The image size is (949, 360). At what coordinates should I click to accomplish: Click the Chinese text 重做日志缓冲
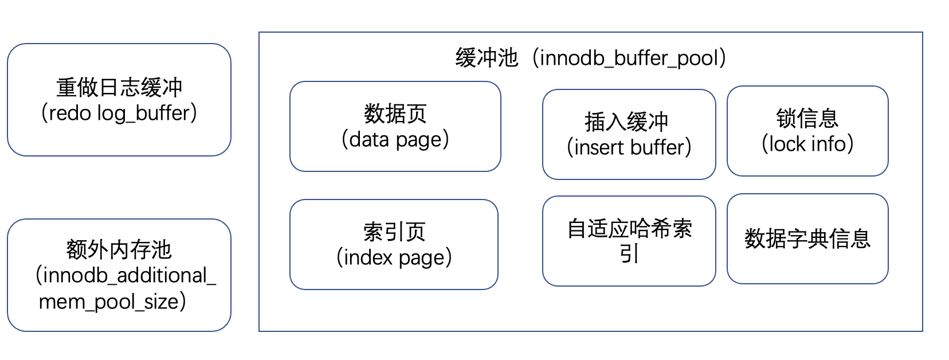pos(119,88)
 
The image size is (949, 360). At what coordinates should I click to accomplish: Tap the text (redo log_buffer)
pos(119,113)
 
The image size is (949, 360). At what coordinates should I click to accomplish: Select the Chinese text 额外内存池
pos(119,250)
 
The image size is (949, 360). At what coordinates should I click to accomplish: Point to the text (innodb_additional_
pos(126,276)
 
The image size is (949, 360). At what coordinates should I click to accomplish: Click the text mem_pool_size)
pos(112,302)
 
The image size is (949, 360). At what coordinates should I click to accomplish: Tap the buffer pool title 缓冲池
pos(487,58)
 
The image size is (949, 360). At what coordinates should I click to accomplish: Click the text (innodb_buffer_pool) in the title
pos(629,58)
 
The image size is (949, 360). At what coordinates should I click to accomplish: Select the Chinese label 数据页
pos(395,114)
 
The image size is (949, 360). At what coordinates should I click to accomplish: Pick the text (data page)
pos(395,139)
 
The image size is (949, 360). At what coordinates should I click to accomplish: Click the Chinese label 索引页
pos(394,232)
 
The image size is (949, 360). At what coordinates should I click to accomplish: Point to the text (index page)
pos(394,257)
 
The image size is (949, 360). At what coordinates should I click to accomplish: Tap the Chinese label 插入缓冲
pos(626,122)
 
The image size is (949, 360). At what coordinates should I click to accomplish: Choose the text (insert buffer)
pos(629,147)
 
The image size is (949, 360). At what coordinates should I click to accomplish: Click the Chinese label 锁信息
pos(807,119)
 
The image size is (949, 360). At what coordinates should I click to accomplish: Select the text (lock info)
pos(807,144)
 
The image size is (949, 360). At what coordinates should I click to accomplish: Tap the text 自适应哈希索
pos(629,229)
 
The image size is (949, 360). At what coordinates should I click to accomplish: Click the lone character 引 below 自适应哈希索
pos(629,254)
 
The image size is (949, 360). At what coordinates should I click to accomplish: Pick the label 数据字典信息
pos(807,238)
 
